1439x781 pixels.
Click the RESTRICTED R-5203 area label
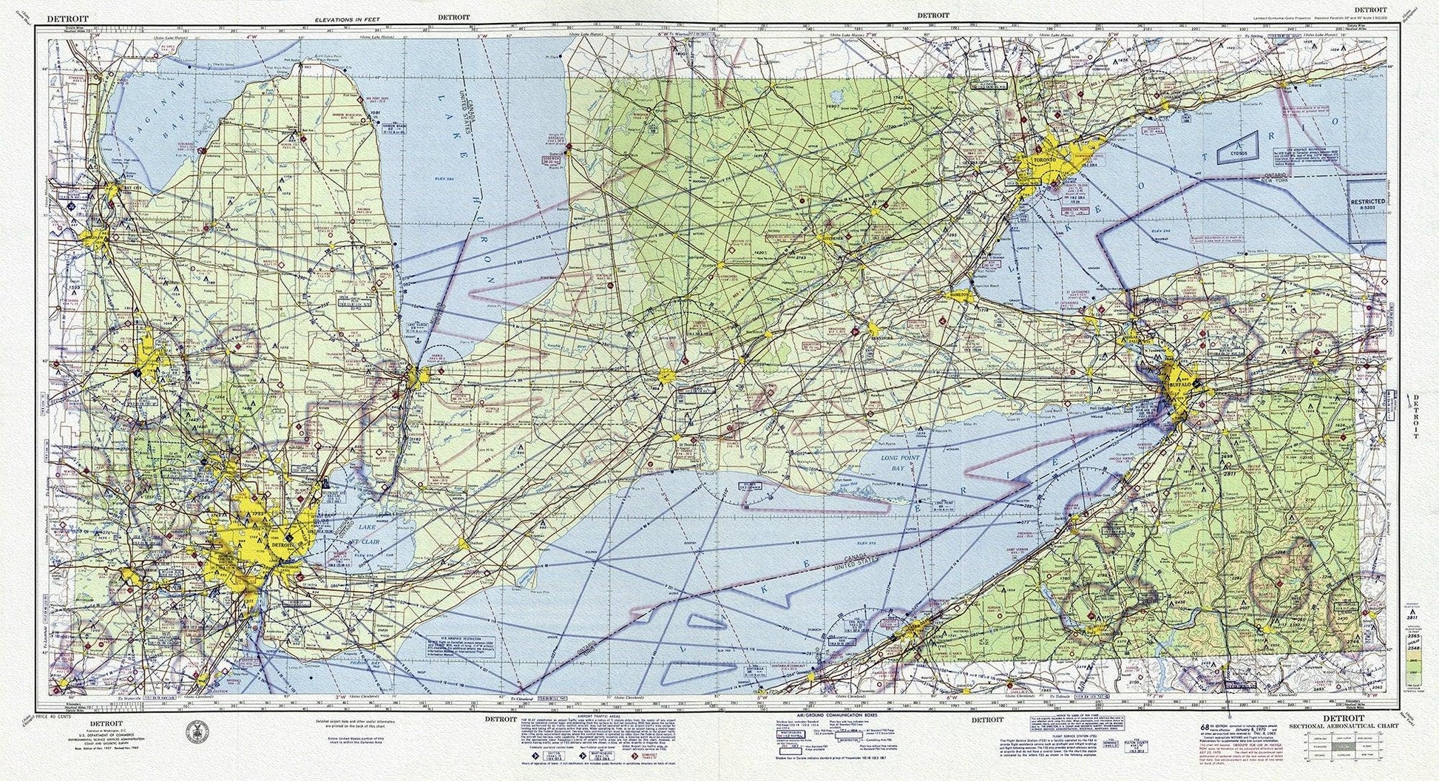[1366, 204]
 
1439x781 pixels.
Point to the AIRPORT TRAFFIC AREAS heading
[579, 717]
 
